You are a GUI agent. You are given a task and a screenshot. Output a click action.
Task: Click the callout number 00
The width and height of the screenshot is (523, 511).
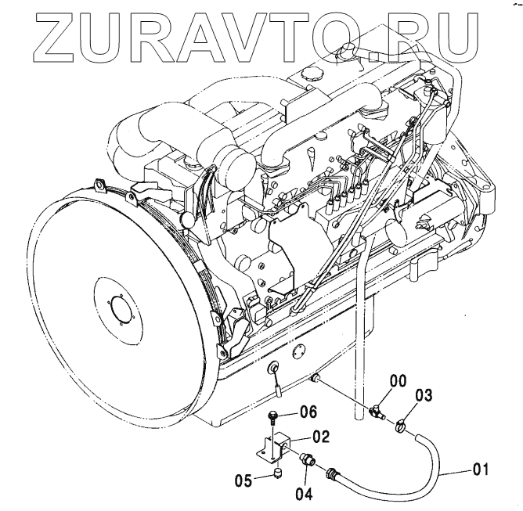click(x=399, y=382)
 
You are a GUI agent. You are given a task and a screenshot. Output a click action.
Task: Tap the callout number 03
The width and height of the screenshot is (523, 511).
click(x=424, y=395)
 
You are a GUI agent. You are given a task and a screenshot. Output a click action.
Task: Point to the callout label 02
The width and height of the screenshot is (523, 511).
click(x=319, y=437)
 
